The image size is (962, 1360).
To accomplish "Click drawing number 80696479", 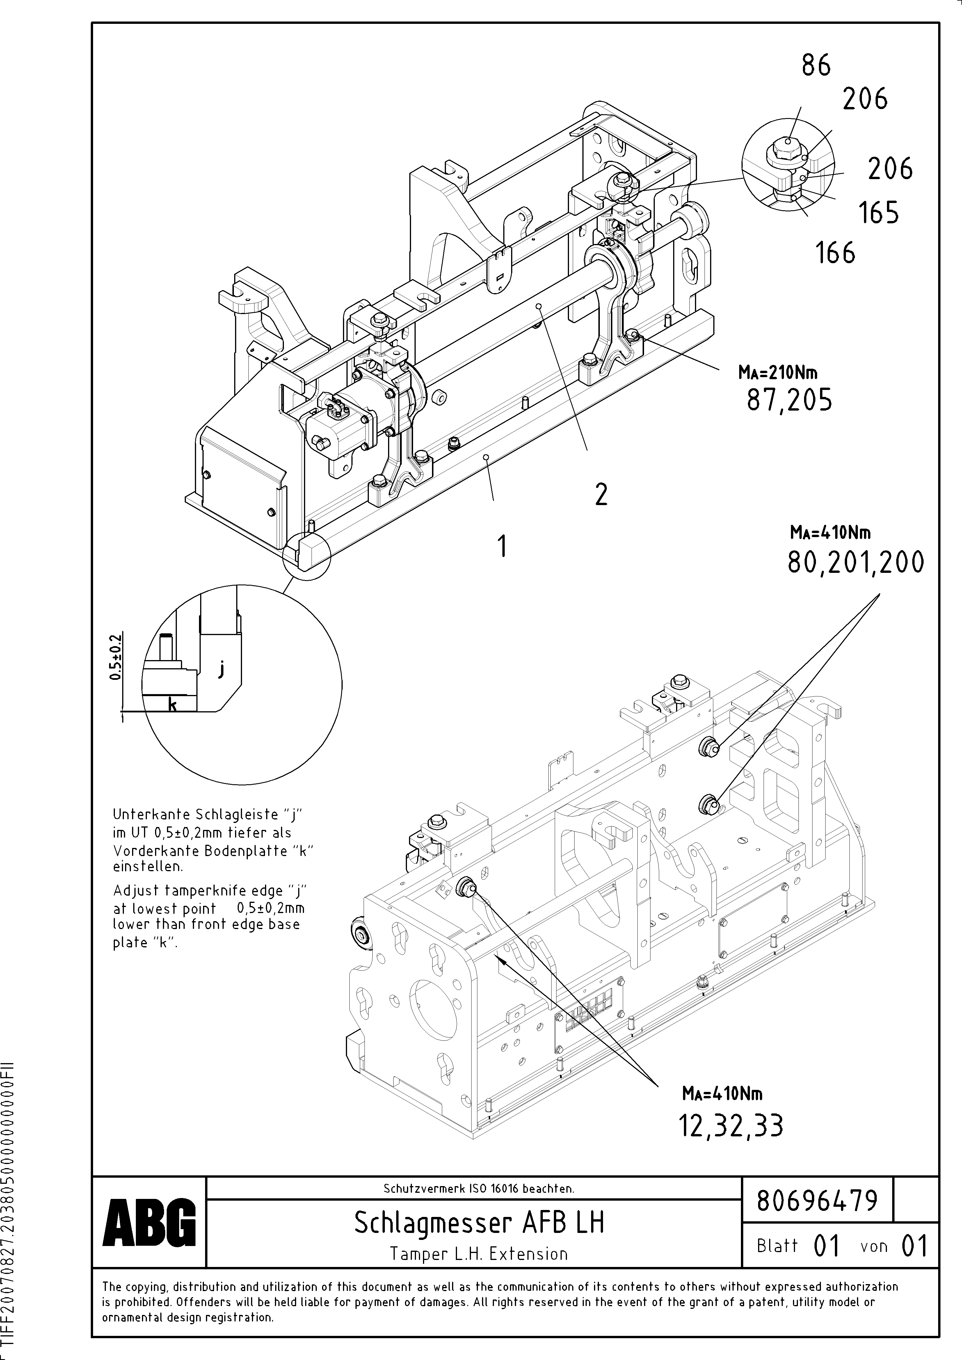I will (x=817, y=1201).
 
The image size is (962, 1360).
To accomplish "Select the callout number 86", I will (x=816, y=65).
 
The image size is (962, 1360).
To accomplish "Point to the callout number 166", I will (x=836, y=253).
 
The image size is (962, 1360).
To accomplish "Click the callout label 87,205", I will (x=789, y=401).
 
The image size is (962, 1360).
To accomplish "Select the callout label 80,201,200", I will (x=855, y=562).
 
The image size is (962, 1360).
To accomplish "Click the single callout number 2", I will (x=601, y=494).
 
